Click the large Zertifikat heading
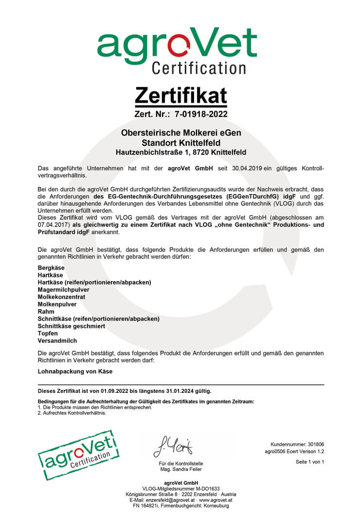coord(180,95)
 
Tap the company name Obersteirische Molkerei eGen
coord(180,133)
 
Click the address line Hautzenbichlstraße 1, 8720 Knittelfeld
coord(180,152)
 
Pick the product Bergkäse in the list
coord(51,267)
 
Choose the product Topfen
coord(48,333)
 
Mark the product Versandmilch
coord(57,341)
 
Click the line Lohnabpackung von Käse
coord(75,371)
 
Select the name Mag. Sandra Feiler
coord(181,469)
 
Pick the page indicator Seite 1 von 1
coord(309,462)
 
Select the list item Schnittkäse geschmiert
coord(71,326)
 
